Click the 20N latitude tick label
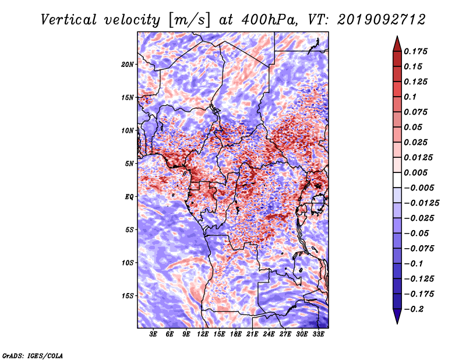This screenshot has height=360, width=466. pos(127,65)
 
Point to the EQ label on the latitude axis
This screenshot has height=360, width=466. pos(129,197)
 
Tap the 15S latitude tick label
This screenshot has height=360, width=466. pos(128,296)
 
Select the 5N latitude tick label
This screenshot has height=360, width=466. pos(129,164)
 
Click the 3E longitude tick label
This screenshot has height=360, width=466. pos(153,334)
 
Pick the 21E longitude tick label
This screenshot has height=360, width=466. pos(252,334)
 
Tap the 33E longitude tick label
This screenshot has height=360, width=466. pos(318,334)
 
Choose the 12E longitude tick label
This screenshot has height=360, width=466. pos(203,334)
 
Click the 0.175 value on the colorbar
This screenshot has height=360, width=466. pos(415,51)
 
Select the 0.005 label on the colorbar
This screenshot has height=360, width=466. pos(415,172)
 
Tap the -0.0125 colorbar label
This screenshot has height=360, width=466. pos(421,203)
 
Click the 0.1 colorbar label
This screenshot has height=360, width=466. pos(410,97)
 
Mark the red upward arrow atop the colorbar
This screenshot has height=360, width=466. pos(397,44)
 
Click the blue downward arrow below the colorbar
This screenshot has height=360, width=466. pos(397,316)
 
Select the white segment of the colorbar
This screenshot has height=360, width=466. pos(397,180)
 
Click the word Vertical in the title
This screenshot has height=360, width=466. pos(69,20)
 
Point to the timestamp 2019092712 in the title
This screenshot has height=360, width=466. pos(382,20)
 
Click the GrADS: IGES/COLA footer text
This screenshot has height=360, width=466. pos(33,355)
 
